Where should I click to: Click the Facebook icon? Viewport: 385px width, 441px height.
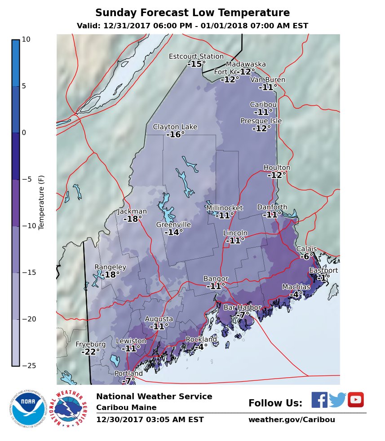click(x=319, y=400)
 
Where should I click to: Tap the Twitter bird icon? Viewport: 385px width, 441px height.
click(x=337, y=400)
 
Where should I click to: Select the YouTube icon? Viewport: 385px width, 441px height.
click(x=355, y=400)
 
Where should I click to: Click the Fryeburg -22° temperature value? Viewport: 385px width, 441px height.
click(x=90, y=352)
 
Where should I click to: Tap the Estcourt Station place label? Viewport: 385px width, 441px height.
click(x=196, y=57)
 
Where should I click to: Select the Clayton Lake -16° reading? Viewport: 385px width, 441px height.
click(x=175, y=134)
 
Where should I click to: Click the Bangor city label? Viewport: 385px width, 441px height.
click(x=216, y=279)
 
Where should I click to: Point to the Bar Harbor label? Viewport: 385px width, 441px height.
click(x=242, y=308)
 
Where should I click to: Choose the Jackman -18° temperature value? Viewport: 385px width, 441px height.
click(x=133, y=219)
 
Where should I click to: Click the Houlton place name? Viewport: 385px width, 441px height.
click(x=277, y=168)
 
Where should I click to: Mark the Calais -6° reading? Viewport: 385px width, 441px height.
click(x=307, y=256)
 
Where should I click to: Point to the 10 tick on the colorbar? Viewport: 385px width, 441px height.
click(x=26, y=40)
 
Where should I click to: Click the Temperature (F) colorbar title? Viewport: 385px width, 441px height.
click(x=41, y=203)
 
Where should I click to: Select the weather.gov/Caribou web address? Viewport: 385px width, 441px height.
click(x=292, y=420)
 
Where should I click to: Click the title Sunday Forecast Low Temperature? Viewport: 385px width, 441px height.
click(x=192, y=13)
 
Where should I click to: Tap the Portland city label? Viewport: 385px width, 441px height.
click(x=128, y=374)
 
